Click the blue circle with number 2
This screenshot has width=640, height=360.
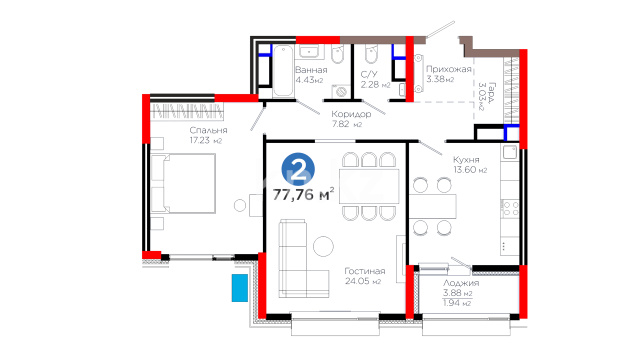pyautogui.click(x=298, y=169)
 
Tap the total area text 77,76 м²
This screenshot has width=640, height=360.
pyautogui.click(x=303, y=195)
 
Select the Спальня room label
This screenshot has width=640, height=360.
pyautogui.click(x=208, y=130)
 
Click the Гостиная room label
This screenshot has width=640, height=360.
pyautogui.click(x=364, y=271)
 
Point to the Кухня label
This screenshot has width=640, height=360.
pyautogui.click(x=466, y=160)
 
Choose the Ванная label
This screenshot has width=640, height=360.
pyautogui.click(x=311, y=70)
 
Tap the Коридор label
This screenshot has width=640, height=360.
pyautogui.click(x=351, y=114)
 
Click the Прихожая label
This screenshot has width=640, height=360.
pyautogui.click(x=449, y=69)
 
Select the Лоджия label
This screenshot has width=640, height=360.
pyautogui.click(x=461, y=283)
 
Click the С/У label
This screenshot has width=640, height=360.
pyautogui.click(x=369, y=74)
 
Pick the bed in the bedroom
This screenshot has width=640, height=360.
pyautogui.click(x=183, y=183)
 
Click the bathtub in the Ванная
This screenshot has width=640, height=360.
pyautogui.click(x=283, y=71)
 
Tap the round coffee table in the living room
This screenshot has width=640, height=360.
pyautogui.click(x=323, y=246)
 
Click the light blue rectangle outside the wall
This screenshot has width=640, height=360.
pyautogui.click(x=240, y=288)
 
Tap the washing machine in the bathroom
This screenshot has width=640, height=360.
pyautogui.click(x=341, y=91)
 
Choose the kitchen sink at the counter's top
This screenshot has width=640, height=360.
pyautogui.click(x=510, y=152)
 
